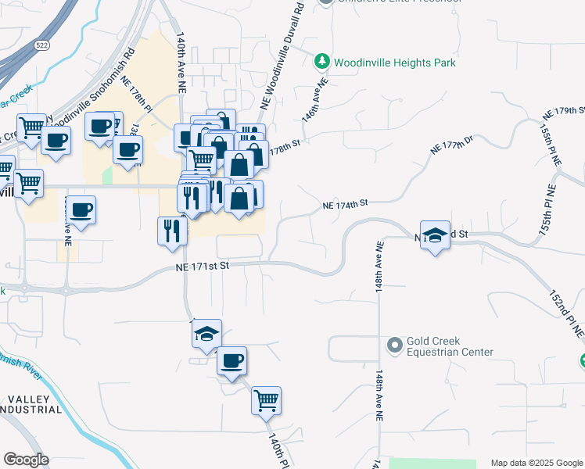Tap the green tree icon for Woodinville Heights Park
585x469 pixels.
tap(321, 61)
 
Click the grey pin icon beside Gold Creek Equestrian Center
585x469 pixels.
tap(394, 344)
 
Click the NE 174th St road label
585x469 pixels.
tap(345, 204)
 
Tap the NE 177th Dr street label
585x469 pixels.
tap(453, 143)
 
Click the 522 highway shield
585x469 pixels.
tap(41, 46)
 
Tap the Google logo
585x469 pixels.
tap(26, 459)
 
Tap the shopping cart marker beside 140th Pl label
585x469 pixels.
tap(266, 401)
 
